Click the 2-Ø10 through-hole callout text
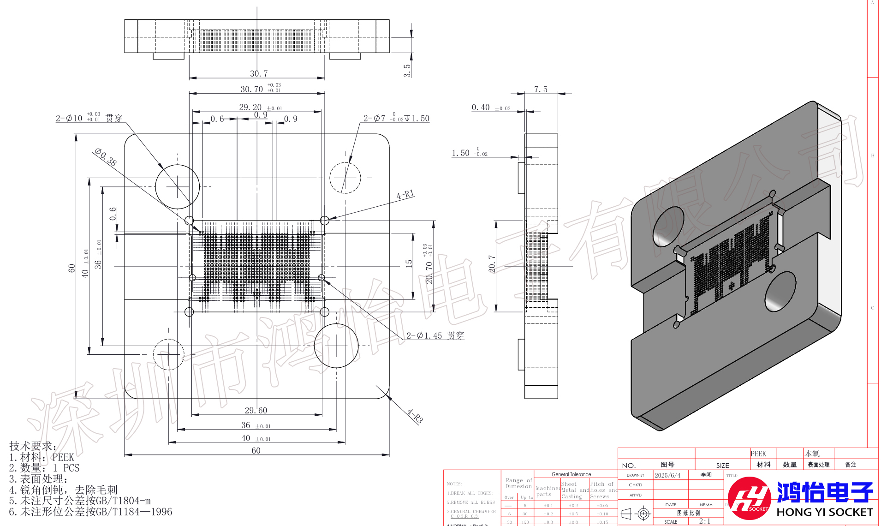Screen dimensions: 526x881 89,118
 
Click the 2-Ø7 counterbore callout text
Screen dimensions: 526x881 396,118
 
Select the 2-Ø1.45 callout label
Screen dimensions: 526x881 435,335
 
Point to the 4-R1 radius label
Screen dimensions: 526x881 405,195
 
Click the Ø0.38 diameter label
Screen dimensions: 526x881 106,157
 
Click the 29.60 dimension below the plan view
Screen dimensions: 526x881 256,410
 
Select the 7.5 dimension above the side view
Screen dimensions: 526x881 541,89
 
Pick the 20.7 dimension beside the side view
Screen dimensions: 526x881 492,264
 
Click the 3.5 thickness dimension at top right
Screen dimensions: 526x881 407,70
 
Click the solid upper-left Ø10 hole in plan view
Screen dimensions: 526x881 177,187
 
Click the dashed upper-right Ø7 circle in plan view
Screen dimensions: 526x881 345,178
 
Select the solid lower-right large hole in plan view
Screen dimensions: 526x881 336,346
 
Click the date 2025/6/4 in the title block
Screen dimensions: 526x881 667,475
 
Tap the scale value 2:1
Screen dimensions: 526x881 704,521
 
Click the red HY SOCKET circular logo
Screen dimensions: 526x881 749,499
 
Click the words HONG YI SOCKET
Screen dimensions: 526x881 824,512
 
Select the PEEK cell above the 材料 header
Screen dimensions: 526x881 758,454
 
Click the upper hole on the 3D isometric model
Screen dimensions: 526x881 667,226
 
